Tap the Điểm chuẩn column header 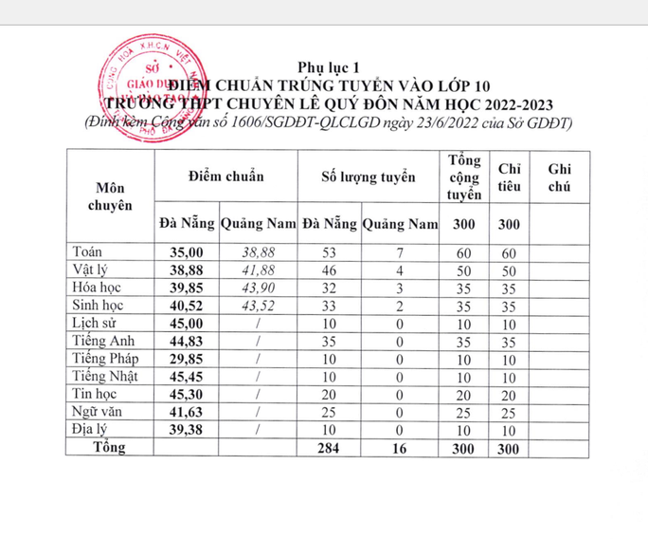click(x=225, y=177)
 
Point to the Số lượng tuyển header click(x=369, y=177)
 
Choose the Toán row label click(x=89, y=251)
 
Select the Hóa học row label click(x=99, y=288)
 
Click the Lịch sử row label click(x=95, y=323)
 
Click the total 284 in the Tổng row click(x=329, y=448)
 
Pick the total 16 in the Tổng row click(x=401, y=448)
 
